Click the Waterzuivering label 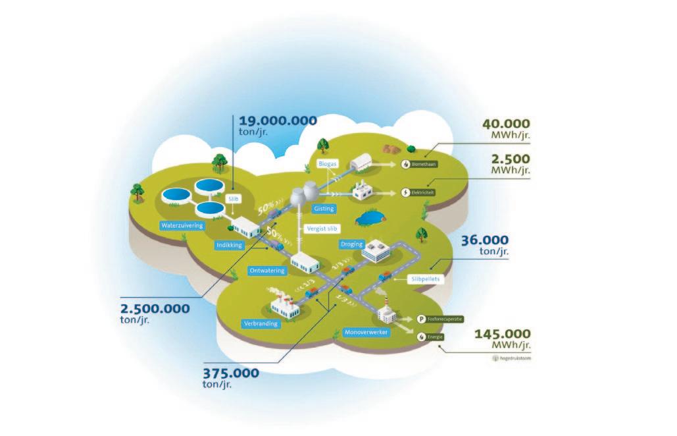click(182, 225)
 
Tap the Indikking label click(230, 245)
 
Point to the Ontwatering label click(267, 270)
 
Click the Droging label click(351, 244)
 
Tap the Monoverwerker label click(366, 333)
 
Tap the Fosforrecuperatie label click(445, 319)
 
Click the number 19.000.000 click(277, 121)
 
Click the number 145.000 click(502, 333)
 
